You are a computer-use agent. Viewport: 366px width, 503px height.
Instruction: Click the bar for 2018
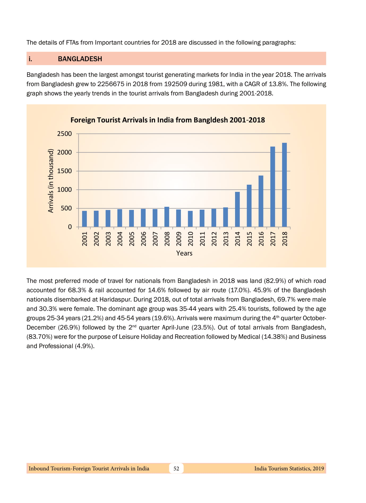point(284,185)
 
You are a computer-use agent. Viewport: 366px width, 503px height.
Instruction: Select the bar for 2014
point(237,209)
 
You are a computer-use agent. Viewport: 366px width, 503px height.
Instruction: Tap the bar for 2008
point(167,217)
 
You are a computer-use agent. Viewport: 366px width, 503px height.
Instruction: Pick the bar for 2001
point(84,219)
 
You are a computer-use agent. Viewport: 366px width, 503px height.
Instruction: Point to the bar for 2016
point(261,201)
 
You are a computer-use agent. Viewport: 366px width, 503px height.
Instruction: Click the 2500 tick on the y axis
point(65,134)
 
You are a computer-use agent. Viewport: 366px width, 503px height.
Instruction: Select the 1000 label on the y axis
point(65,190)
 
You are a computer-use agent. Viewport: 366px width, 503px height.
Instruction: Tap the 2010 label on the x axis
point(190,239)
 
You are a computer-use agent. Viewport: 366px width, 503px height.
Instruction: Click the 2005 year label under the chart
point(132,239)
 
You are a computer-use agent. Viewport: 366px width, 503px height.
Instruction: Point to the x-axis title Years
point(184,253)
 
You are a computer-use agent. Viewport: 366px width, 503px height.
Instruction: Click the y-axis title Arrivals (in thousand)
point(51,181)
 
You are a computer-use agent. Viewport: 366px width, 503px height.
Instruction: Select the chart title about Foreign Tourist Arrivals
point(168,120)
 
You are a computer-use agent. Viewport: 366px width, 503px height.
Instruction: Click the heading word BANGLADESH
point(80,59)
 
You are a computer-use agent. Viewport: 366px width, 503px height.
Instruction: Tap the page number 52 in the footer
point(176,468)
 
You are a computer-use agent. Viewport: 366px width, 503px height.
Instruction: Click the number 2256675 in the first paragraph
point(110,84)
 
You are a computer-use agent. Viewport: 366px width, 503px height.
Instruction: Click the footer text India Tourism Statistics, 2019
point(289,468)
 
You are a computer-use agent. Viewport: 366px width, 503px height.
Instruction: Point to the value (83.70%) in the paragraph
point(39,337)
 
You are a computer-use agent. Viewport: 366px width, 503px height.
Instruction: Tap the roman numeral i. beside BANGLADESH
point(30,59)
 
